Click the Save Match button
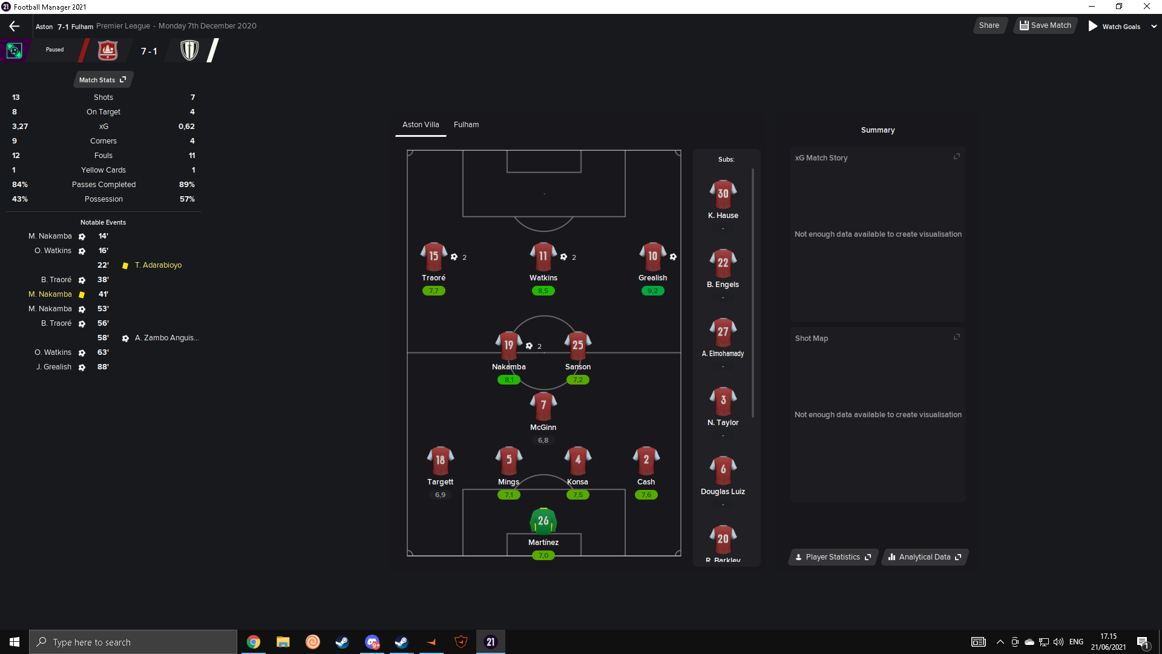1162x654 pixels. pos(1045,25)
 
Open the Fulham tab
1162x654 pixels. pos(466,125)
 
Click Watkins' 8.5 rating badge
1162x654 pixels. pos(543,291)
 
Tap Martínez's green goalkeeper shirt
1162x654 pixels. pos(543,521)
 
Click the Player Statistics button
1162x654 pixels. pos(833,557)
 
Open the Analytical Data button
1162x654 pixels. pos(924,557)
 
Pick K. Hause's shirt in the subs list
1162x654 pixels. pos(723,194)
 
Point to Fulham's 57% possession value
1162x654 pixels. pos(187,199)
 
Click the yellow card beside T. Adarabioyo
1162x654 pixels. pos(125,266)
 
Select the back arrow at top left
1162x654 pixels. pos(15,26)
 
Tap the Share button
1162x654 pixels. pos(989,25)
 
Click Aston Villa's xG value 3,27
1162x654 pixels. pos(20,127)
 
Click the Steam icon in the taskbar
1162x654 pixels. pos(343,642)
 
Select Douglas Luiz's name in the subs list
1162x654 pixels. pos(723,492)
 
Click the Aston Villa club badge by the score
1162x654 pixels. pos(108,50)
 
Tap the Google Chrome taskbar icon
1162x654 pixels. pos(254,642)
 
